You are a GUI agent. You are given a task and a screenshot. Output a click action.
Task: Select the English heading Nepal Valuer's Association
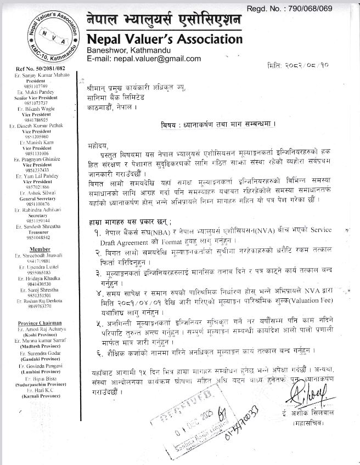pyautogui.click(x=164, y=39)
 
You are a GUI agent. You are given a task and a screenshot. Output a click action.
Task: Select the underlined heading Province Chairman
pyautogui.click(x=38, y=323)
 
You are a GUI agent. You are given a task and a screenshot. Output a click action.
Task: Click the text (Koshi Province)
pyautogui.click(x=38, y=334)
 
